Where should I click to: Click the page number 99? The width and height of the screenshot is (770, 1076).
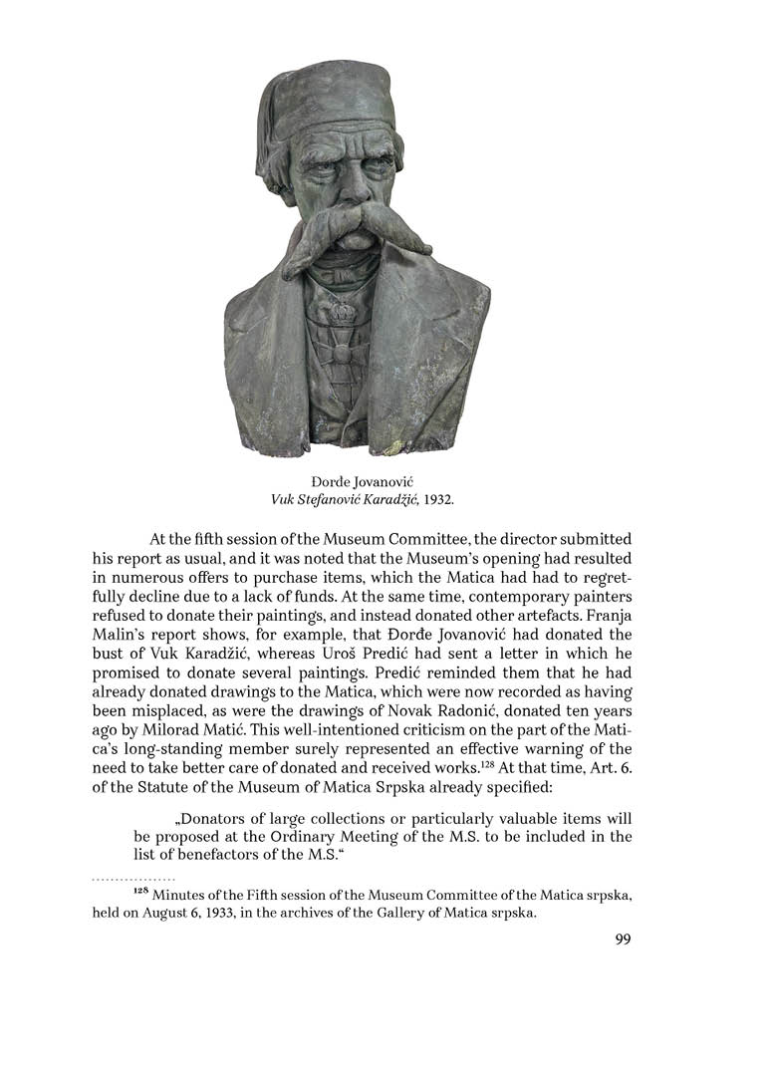[x=623, y=939]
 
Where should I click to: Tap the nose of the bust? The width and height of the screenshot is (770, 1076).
[x=344, y=199]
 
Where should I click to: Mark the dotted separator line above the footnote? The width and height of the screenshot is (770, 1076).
[x=133, y=880]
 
